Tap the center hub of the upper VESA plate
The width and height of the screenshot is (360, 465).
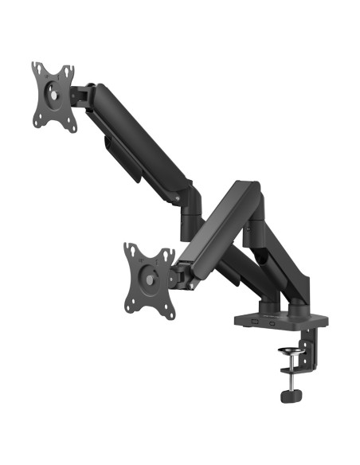(53, 94)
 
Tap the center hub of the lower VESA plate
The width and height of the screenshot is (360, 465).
(148, 278)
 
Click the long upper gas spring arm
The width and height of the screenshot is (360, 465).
(139, 135)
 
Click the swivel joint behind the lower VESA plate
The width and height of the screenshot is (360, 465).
(182, 274)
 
